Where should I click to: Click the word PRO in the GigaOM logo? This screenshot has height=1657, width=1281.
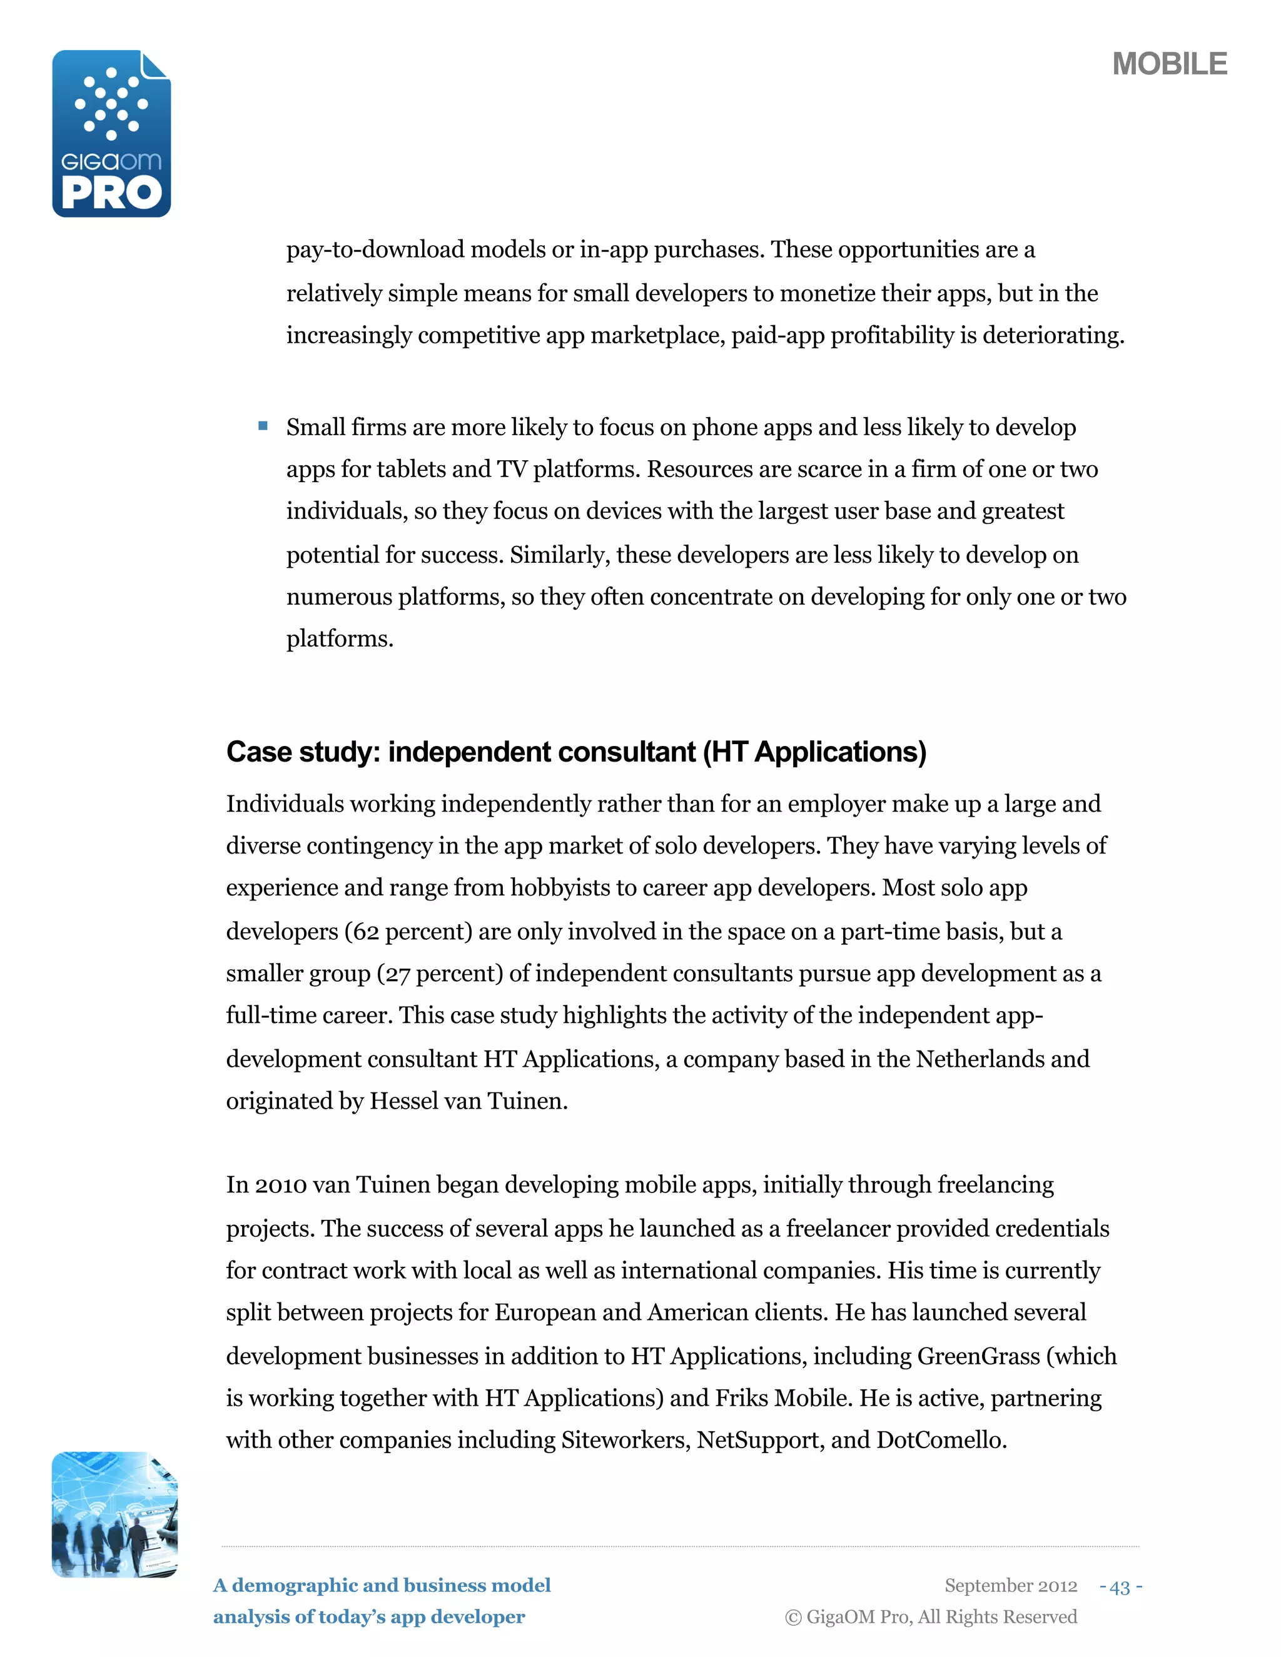pos(111,193)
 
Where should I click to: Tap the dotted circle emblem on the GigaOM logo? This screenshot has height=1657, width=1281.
pos(111,104)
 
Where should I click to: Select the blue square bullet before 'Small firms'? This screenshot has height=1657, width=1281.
pos(263,426)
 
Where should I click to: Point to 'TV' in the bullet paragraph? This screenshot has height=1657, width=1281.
pos(512,470)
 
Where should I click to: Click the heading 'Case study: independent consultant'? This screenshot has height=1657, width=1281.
pos(460,752)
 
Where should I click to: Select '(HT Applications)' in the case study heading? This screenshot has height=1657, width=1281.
pos(814,752)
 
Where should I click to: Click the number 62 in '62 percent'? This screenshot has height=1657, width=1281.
pos(366,932)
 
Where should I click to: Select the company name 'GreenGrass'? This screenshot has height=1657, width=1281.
pos(978,1356)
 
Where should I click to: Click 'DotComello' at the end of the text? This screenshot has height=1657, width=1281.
pos(940,1440)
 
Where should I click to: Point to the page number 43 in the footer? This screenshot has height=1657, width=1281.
pos(1120,1586)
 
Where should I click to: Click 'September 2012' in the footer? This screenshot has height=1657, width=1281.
pos(1010,1586)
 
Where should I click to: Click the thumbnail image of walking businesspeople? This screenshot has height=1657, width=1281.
pos(114,1514)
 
